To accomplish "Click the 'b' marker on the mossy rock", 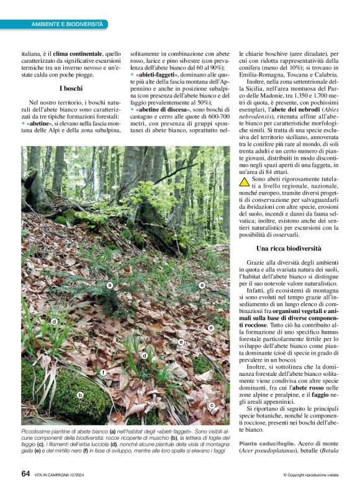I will coord(80,394).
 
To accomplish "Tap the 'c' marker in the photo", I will coord(212,405).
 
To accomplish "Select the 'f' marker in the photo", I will coord(103,372).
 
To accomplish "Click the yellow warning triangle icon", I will coord(245,181).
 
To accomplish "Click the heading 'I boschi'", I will coord(71,89).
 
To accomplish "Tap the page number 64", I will coord(25,474).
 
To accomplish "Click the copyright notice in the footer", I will coord(310,475).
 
